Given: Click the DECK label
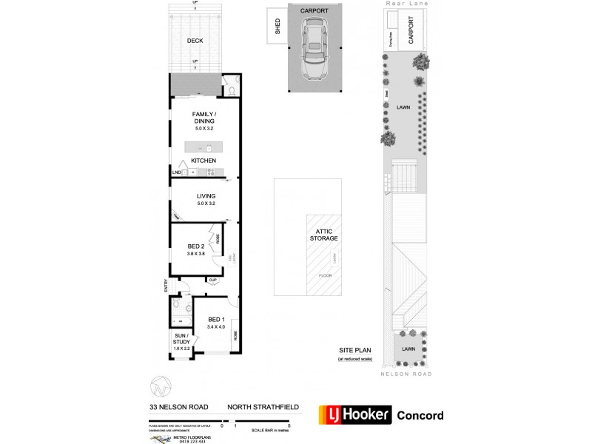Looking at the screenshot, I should (195, 41).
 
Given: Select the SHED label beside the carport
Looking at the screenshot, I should (278, 27).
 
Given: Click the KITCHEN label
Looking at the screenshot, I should (203, 161).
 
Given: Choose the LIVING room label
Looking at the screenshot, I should (206, 196).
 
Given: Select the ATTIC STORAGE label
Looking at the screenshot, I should (324, 235).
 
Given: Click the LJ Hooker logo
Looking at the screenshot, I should (354, 415).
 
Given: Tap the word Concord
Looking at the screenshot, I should (421, 415).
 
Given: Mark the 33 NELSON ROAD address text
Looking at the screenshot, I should (178, 407).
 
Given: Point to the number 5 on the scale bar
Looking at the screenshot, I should (289, 425).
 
